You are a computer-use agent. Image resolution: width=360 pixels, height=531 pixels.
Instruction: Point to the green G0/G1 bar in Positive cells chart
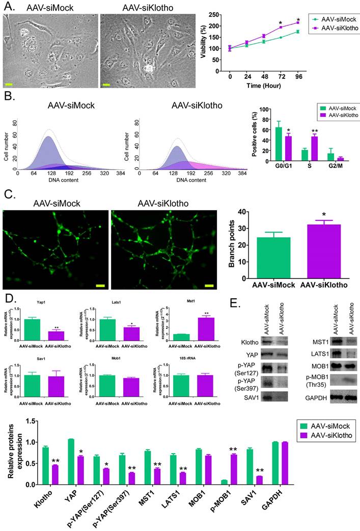279,144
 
